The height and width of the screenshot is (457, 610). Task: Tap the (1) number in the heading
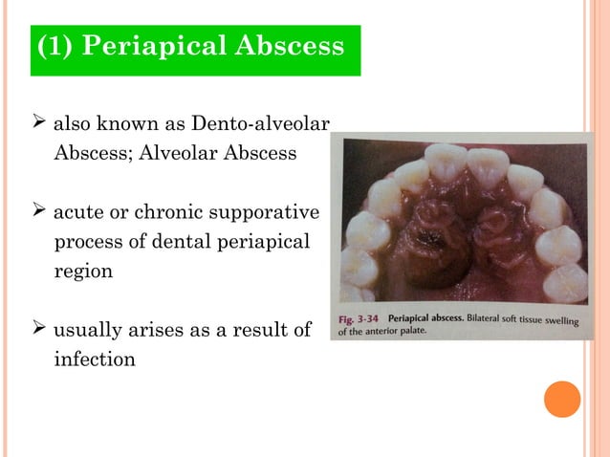click(54, 47)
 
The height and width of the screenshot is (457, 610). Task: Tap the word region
click(83, 271)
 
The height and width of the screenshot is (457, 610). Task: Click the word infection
click(95, 360)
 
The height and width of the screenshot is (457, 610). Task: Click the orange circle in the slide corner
click(562, 398)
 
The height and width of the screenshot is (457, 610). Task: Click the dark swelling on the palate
click(433, 253)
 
